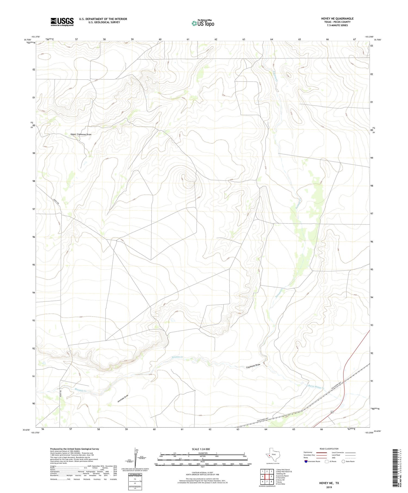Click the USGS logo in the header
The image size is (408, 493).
62,22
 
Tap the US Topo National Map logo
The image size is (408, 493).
203,23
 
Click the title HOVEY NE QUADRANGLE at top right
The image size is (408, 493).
337,18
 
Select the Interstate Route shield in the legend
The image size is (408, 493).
306,461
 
